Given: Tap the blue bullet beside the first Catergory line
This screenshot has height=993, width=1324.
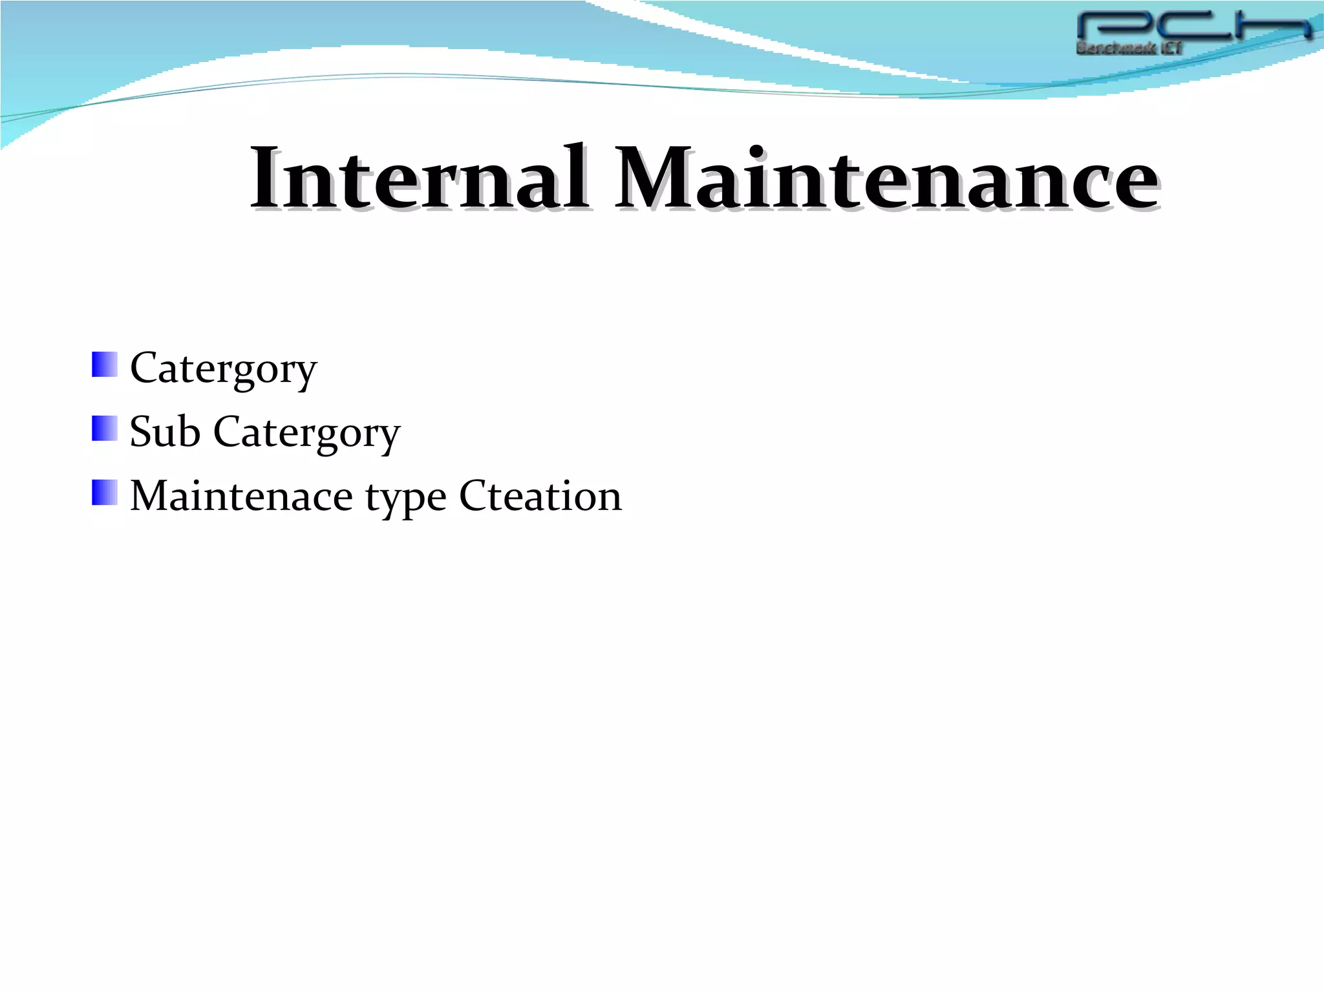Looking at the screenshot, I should pyautogui.click(x=105, y=365).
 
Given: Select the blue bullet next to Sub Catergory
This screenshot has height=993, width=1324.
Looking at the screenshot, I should pyautogui.click(x=105, y=429).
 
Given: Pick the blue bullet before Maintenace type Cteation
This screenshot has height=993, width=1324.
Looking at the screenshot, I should pyautogui.click(x=105, y=493).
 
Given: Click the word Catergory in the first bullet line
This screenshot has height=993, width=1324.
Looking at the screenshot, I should pyautogui.click(x=224, y=368).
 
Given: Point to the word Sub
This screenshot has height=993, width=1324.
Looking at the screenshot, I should pyautogui.click(x=165, y=431).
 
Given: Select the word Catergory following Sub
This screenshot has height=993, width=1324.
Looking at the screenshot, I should pyautogui.click(x=306, y=432).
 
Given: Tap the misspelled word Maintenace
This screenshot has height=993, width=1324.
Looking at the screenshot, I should pyautogui.click(x=241, y=496).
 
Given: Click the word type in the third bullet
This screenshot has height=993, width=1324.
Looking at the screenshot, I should pyautogui.click(x=406, y=498).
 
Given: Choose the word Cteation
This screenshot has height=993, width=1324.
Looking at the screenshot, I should pyautogui.click(x=540, y=496).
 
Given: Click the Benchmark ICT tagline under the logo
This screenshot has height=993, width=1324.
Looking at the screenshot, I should pyautogui.click(x=1129, y=48).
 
